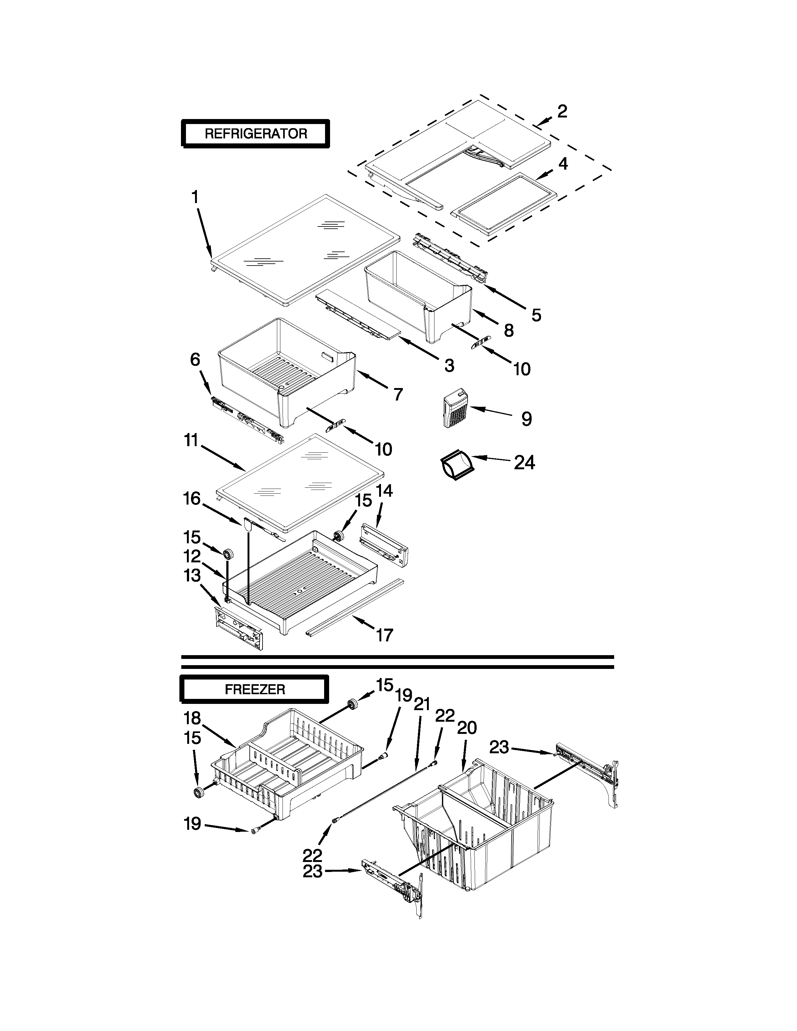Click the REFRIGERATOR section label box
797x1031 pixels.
tap(255, 134)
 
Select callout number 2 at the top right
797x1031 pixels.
tap(561, 112)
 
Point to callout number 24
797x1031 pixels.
tap(524, 463)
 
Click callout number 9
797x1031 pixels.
tap(526, 419)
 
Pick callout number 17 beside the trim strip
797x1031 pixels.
tap(384, 635)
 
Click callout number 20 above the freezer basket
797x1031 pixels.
tap(467, 727)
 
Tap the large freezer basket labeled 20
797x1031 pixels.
tap(477, 831)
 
